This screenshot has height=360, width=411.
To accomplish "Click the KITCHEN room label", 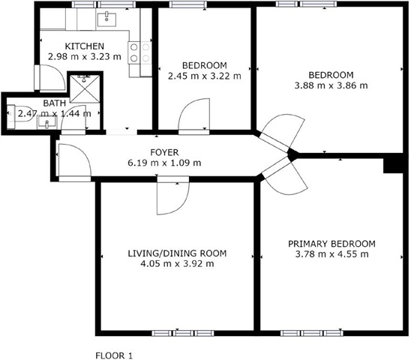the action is point(85,46).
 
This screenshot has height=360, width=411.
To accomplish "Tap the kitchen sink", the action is point(106,19).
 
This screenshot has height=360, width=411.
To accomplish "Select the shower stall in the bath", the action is point(85,89).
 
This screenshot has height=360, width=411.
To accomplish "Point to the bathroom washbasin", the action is point(47,122).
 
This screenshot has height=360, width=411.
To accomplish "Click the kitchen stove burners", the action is point(140,52).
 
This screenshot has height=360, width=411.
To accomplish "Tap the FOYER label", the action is point(164,152).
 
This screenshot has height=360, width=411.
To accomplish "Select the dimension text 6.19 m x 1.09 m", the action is point(164,163).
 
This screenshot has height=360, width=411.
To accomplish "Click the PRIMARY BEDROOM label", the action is point(331,244).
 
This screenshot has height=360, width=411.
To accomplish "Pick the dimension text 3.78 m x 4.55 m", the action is point(331,254).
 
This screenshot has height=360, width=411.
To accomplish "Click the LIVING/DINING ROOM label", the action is point(177,253).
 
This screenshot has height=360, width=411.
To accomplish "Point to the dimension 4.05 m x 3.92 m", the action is point(177,263).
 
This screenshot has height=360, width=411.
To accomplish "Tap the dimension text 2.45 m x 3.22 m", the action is point(205,76).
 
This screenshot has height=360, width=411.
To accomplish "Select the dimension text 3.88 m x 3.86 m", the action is point(331,85).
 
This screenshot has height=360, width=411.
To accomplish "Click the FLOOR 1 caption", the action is point(114,355).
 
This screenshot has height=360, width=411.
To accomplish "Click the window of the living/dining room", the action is point(183,333).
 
